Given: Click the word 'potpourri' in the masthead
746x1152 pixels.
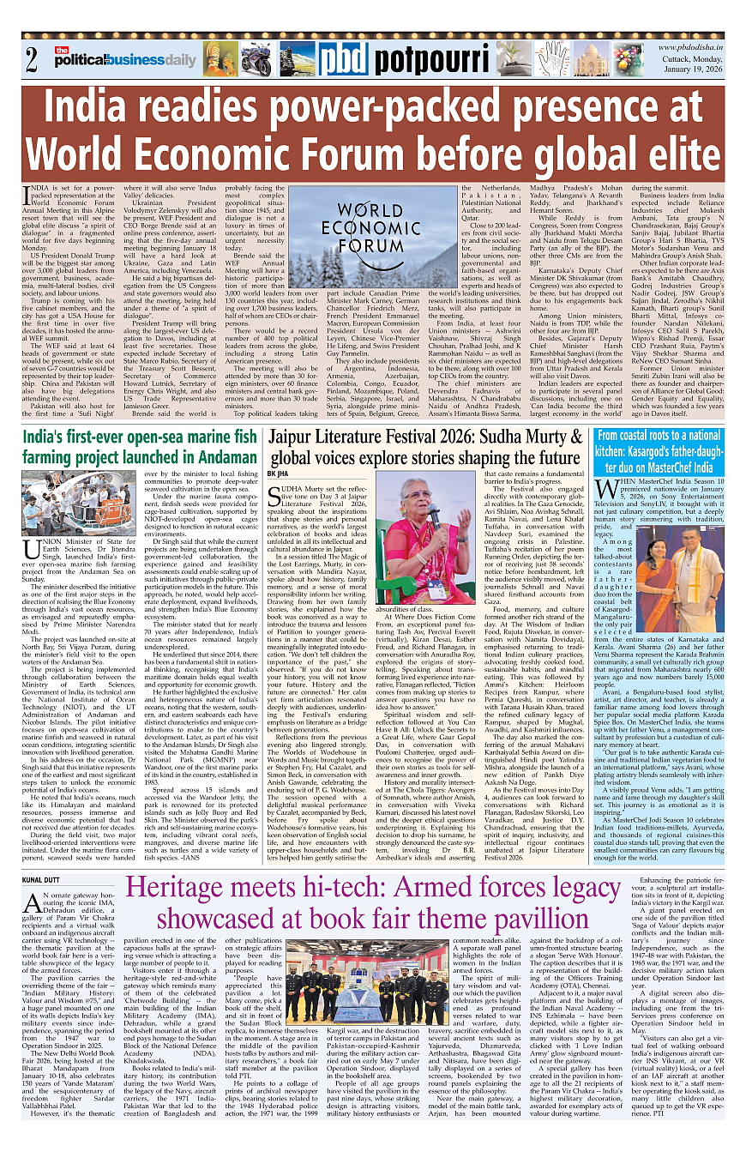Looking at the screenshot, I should click(418, 60).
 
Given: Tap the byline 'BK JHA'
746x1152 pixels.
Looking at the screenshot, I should click(278, 473).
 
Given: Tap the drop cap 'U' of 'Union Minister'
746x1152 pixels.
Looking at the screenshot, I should click(32, 549).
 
